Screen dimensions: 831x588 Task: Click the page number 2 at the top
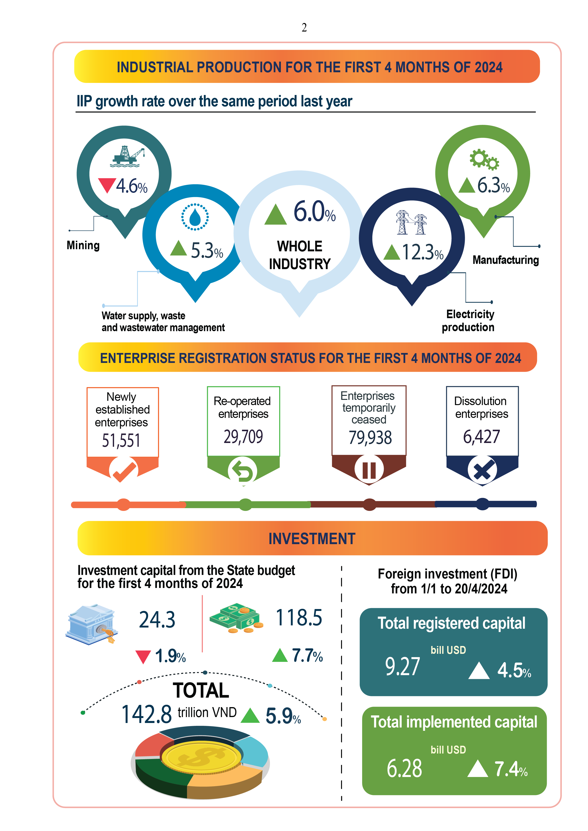click(304, 27)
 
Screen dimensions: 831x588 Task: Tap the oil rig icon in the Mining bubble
click(127, 156)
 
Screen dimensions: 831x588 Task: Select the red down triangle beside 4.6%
click(107, 185)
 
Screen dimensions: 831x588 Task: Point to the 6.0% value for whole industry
click(314, 212)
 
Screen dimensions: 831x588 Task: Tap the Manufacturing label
click(506, 260)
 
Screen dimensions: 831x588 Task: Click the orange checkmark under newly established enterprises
click(124, 470)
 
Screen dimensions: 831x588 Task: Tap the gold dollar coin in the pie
click(201, 756)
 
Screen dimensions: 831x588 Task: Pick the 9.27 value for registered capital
click(402, 666)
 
